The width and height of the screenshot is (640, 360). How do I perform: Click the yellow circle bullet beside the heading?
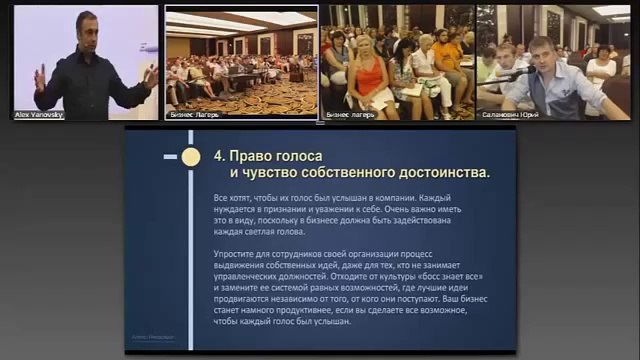(192, 156)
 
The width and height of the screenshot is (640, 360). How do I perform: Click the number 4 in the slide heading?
(219, 156)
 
